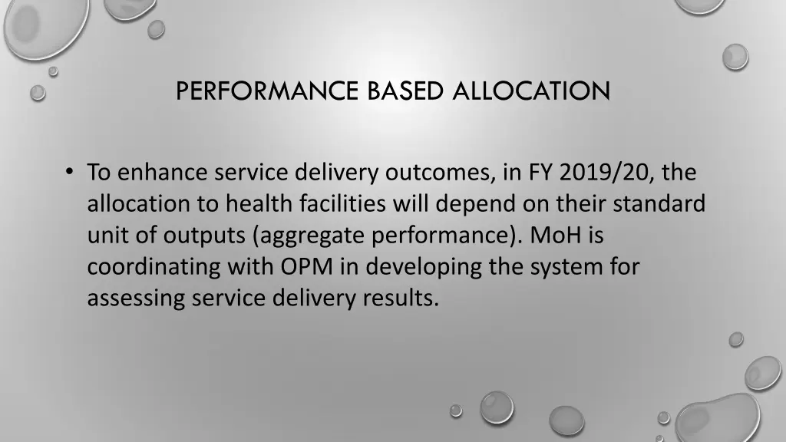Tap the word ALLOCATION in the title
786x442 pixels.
pyautogui.click(x=531, y=91)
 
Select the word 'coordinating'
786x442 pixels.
pyautogui.click(x=154, y=267)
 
